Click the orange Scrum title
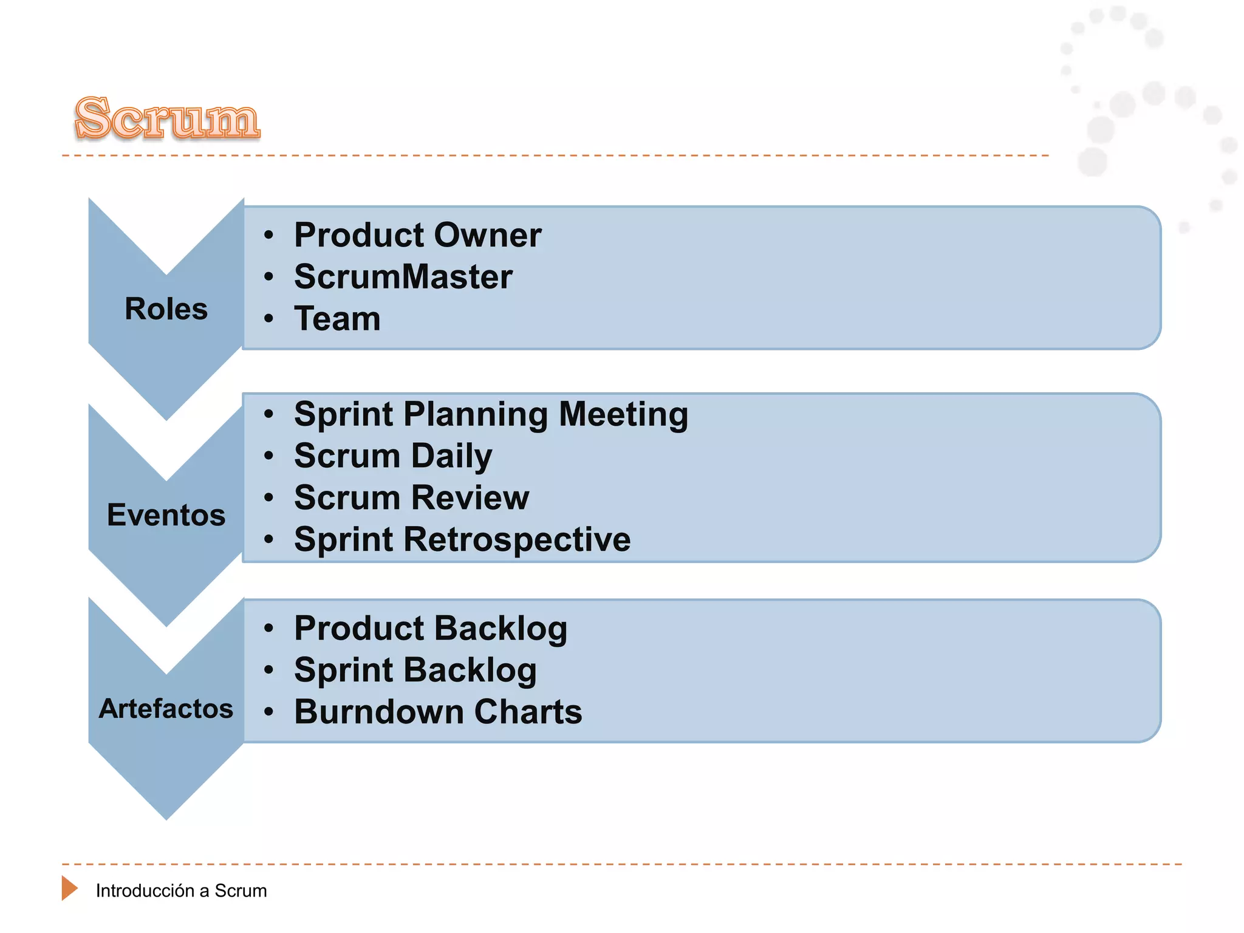pos(168,118)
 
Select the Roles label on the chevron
pos(166,309)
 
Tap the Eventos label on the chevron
pos(166,515)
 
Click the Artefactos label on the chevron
pos(166,709)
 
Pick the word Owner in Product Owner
pos(487,235)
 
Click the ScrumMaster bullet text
pos(403,277)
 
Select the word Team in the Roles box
pos(337,319)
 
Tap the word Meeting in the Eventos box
pos(623,415)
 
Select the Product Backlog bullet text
pos(431,629)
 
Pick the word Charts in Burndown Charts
pos(528,712)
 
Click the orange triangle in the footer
pos(69,888)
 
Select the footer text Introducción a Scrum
pos(181,891)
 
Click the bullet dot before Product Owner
pos(269,235)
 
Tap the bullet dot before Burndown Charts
pos(269,712)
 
